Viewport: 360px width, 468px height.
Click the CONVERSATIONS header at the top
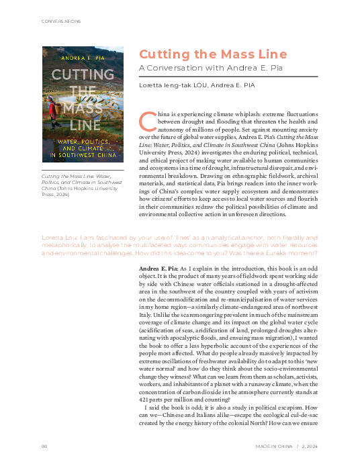pos(51,21)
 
